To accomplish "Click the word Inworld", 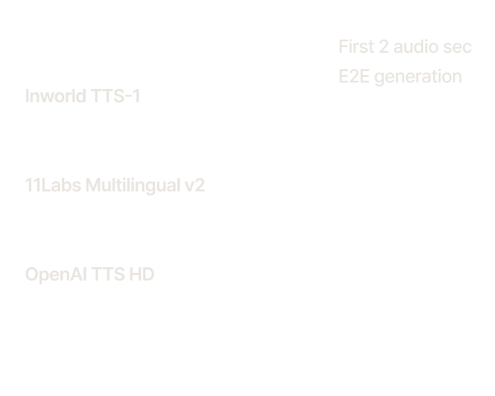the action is click(55, 96).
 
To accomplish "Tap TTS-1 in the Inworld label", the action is click(115, 96).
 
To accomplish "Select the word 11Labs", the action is click(53, 185).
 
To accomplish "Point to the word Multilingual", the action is click(133, 186).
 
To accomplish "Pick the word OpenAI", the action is click(56, 275).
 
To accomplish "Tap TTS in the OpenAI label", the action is click(108, 274).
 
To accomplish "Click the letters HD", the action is click(142, 274).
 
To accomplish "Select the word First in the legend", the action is click(356, 47).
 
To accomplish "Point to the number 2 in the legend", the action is click(384, 47).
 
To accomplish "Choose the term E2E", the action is click(354, 77).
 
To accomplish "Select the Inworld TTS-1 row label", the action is click(82, 96).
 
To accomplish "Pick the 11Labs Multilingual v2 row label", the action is click(115, 186).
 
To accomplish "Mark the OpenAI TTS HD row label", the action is click(90, 275).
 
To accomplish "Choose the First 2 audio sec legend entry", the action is click(405, 47).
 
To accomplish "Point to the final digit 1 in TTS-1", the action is click(136, 96).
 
